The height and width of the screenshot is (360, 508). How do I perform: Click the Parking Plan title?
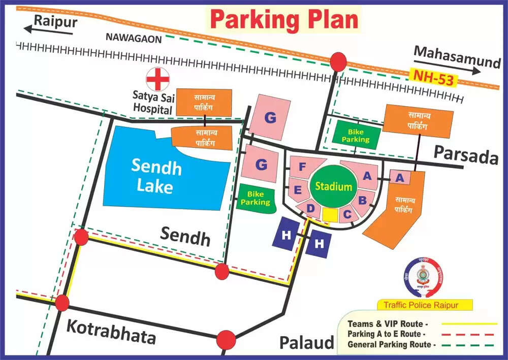283,20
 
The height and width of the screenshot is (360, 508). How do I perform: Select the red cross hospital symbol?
157,79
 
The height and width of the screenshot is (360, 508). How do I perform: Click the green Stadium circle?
333,186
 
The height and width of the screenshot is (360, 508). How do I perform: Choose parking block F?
302,167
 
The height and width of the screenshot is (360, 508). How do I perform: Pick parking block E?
298,189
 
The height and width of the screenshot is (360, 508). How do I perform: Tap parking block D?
311,208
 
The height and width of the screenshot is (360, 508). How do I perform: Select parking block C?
347,214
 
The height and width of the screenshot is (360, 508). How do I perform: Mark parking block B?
362,200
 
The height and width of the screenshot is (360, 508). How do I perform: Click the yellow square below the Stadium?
330,215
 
